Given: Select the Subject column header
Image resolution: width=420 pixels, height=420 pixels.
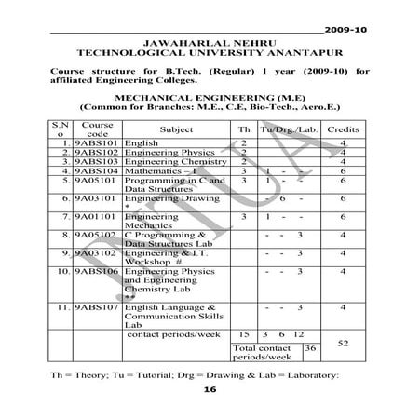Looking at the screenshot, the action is click(177, 130).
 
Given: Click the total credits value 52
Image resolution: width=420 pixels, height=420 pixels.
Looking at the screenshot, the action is click(343, 344).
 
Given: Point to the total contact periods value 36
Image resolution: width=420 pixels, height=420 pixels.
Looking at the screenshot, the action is click(311, 347).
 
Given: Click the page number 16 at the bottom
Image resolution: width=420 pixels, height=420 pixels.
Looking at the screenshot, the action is click(209, 392).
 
